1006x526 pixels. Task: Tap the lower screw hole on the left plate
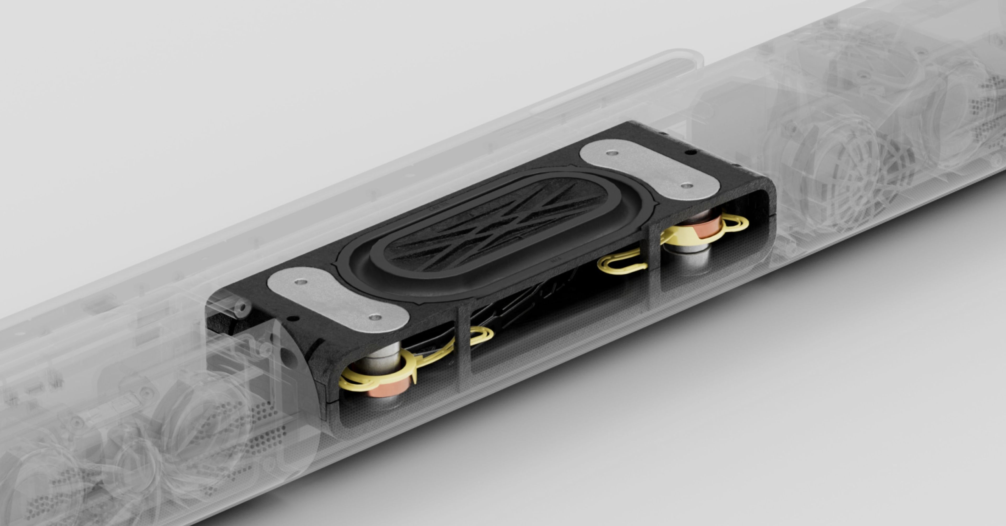pyautogui.click(x=375, y=317)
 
